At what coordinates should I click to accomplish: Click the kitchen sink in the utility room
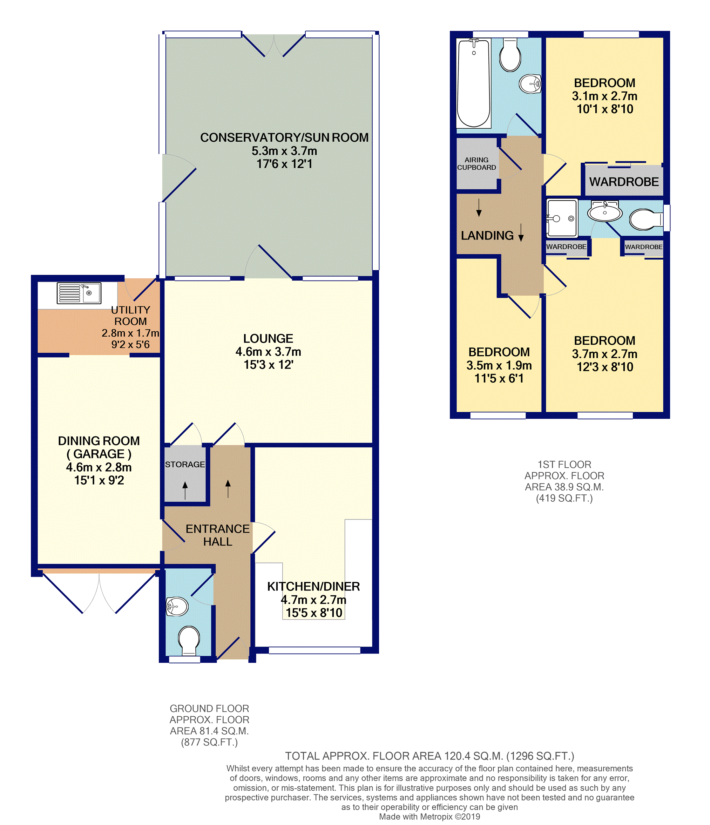point(79,293)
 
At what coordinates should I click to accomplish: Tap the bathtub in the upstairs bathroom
point(473,83)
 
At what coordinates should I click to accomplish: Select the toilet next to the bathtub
point(510,55)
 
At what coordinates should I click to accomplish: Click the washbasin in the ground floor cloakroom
point(177,607)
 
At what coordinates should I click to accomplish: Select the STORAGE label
point(185,464)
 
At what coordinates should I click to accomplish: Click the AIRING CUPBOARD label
point(476,164)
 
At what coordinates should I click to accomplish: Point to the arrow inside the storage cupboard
point(185,490)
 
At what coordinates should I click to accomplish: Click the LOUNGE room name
point(268,338)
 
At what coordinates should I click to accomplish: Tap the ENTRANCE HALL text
point(217,535)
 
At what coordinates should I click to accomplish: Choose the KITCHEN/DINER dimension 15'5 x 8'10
point(314,613)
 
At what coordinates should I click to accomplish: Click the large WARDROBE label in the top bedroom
point(624,182)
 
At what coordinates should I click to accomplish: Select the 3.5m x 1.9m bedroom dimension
point(499,365)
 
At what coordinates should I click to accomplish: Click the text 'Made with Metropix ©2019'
point(429,817)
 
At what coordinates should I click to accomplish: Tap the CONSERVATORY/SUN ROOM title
point(284,137)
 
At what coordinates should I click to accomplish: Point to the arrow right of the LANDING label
point(521,232)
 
